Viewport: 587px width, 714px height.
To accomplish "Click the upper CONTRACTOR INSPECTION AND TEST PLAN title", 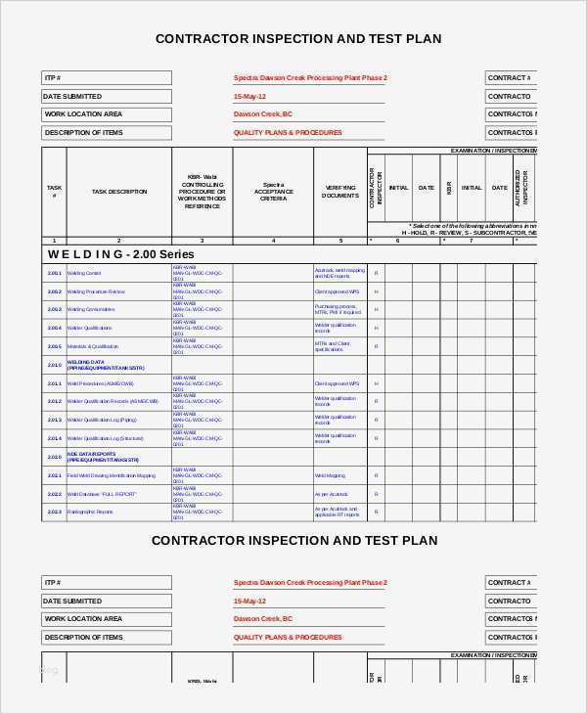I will pyautogui.click(x=298, y=39).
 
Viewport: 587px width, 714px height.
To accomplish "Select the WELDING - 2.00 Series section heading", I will pyautogui.click(x=108, y=253).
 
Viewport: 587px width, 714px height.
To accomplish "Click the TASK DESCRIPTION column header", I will pyautogui.click(x=119, y=192).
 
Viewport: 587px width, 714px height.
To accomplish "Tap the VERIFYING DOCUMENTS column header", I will pyautogui.click(x=340, y=192).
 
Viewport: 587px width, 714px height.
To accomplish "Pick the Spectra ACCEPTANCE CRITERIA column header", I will pyautogui.click(x=273, y=192).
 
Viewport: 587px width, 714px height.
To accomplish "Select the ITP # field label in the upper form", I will pyautogui.click(x=53, y=78).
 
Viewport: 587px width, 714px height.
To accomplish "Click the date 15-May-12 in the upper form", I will pyautogui.click(x=248, y=97).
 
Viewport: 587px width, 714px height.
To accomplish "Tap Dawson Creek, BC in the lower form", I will pyautogui.click(x=262, y=619).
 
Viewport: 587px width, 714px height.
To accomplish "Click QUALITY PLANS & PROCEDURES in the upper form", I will pyautogui.click(x=288, y=132).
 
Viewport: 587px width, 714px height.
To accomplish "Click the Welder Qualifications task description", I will pyautogui.click(x=89, y=328).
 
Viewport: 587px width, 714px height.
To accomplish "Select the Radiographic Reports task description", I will pyautogui.click(x=90, y=512).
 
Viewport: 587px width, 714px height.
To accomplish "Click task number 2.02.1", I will pyautogui.click(x=54, y=474).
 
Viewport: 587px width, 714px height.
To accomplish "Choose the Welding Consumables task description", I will pyautogui.click(x=90, y=310).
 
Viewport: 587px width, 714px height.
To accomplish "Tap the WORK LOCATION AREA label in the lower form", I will pyautogui.click(x=83, y=619).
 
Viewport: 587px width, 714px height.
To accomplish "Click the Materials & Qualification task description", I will pyautogui.click(x=93, y=346).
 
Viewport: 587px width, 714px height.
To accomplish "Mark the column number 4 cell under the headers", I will pyautogui.click(x=273, y=240).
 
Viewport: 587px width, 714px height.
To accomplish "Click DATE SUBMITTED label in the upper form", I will pyautogui.click(x=72, y=97).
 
